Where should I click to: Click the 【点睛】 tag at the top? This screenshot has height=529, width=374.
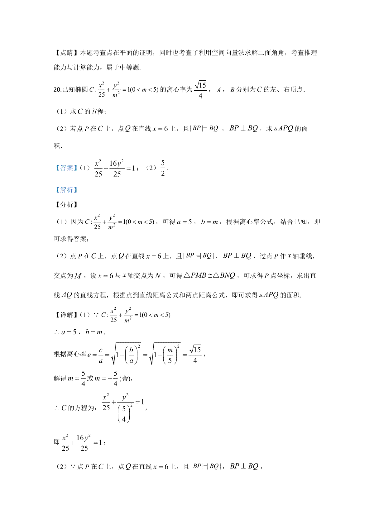point(67,53)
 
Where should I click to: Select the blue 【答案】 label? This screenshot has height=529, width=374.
point(66,168)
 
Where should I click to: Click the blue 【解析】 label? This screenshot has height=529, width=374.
point(66,190)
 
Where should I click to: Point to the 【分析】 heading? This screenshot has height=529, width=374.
point(66,205)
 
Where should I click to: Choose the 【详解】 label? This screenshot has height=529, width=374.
point(66,315)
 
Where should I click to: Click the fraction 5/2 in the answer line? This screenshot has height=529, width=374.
point(163,168)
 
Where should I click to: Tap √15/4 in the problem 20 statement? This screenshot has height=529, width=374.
point(200,90)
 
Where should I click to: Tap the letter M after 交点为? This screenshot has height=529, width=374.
point(78,276)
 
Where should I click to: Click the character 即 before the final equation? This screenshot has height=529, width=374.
point(57,443)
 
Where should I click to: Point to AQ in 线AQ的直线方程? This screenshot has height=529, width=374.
point(67,295)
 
